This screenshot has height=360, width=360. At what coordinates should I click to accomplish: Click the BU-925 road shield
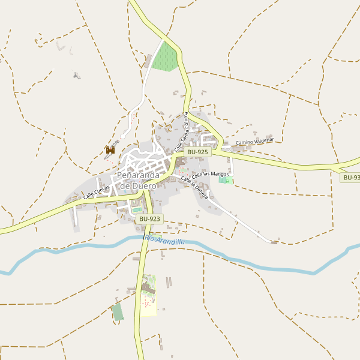(197, 152)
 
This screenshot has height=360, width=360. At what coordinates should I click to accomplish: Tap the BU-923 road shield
(149, 219)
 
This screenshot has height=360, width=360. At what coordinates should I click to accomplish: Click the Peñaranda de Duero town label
(138, 180)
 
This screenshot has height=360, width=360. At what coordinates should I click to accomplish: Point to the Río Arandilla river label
(164, 241)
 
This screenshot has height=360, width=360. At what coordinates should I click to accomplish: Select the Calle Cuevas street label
(97, 191)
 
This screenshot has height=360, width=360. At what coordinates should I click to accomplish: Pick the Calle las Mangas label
(210, 174)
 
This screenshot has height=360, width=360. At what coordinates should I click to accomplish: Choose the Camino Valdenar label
(254, 142)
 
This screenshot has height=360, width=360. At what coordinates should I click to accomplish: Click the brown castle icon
(110, 151)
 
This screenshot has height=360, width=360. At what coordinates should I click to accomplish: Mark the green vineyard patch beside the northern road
(166, 58)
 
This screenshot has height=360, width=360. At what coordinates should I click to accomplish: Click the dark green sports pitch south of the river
(118, 312)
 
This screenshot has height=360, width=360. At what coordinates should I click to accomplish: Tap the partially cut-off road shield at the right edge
(350, 178)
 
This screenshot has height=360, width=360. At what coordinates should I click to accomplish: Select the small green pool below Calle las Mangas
(224, 180)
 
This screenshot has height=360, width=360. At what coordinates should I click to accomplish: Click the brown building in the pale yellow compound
(148, 290)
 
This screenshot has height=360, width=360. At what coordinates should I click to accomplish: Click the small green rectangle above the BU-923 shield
(137, 210)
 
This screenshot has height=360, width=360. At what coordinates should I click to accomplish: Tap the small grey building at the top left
(76, 76)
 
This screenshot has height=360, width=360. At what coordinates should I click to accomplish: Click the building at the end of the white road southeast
(274, 242)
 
